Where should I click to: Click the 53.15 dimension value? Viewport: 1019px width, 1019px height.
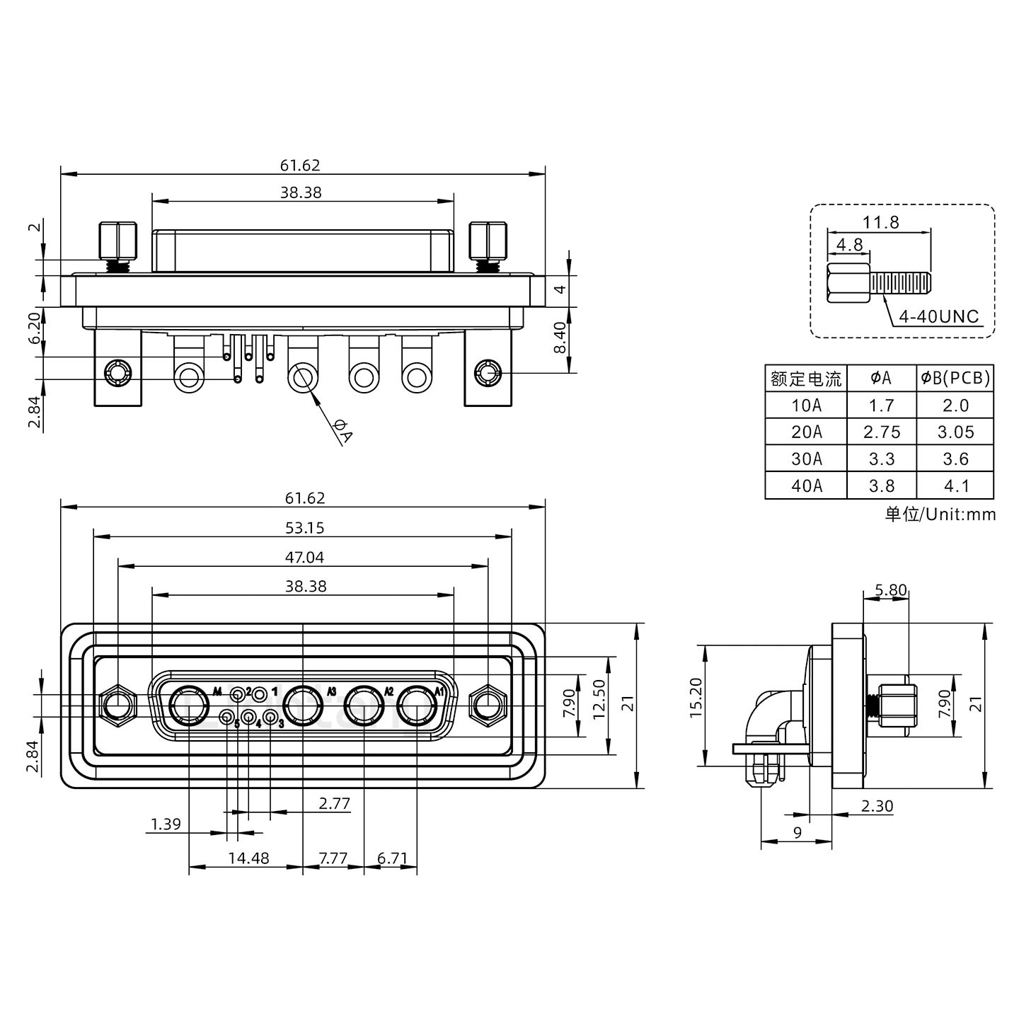pyautogui.click(x=304, y=528)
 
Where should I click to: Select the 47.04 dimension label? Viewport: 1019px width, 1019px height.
pyautogui.click(x=304, y=558)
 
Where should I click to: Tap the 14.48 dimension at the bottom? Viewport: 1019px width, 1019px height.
pyautogui.click(x=248, y=858)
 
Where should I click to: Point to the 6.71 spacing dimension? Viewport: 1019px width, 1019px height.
pyautogui.click(x=392, y=858)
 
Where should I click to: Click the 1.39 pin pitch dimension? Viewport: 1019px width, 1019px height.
pyautogui.click(x=166, y=824)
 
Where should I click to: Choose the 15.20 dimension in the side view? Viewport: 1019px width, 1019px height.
pyautogui.click(x=696, y=706)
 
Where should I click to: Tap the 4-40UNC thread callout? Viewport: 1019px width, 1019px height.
pyautogui.click(x=938, y=316)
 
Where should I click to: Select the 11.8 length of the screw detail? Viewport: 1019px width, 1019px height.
pyautogui.click(x=880, y=222)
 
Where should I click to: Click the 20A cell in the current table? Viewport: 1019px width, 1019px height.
pyautogui.click(x=806, y=432)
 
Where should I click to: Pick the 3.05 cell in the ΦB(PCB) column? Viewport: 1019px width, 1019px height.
pyautogui.click(x=955, y=432)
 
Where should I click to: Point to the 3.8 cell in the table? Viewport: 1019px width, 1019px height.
pyautogui.click(x=881, y=486)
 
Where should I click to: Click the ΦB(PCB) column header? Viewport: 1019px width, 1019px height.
pyautogui.click(x=955, y=379)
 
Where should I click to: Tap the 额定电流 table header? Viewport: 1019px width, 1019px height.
pyautogui.click(x=806, y=379)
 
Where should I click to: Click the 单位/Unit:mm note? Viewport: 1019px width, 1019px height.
pyautogui.click(x=940, y=514)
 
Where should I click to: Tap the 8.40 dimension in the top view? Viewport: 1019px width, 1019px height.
pyautogui.click(x=560, y=340)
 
